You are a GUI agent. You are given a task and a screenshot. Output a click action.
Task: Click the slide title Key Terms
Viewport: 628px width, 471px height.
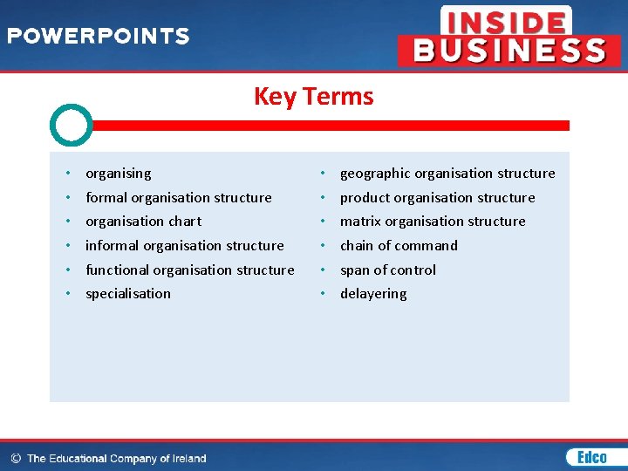click(x=313, y=96)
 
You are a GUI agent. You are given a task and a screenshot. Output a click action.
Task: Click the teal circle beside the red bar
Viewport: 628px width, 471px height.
click(x=71, y=126)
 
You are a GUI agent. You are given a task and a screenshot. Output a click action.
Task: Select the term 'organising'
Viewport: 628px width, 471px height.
click(x=118, y=174)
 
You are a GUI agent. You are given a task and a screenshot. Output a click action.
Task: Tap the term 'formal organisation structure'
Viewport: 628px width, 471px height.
click(x=178, y=198)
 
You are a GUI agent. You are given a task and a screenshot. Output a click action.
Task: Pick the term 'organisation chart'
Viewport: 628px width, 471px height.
click(x=143, y=222)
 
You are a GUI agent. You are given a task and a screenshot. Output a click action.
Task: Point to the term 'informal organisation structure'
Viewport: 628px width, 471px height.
click(x=184, y=246)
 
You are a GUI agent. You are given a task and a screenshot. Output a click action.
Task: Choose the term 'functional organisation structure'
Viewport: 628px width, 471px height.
click(x=189, y=270)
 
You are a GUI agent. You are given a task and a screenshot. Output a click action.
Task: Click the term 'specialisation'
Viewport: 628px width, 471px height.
click(x=128, y=294)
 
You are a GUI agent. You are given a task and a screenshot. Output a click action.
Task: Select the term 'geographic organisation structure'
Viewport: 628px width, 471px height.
click(x=447, y=174)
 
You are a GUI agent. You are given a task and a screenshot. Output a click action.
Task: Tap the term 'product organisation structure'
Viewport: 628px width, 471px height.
click(x=437, y=198)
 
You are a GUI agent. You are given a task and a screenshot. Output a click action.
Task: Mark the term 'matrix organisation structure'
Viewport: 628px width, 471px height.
click(x=433, y=222)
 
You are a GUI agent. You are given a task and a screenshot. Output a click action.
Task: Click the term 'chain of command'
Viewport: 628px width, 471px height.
click(x=399, y=246)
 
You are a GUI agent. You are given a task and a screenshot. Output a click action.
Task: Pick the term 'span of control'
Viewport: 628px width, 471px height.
click(x=387, y=270)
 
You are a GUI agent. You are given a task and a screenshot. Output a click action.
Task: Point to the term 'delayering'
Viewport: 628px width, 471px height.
click(x=373, y=294)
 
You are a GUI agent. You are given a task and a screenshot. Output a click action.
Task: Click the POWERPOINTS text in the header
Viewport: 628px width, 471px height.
click(x=98, y=37)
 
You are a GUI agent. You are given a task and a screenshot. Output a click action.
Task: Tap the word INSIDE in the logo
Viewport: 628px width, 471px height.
click(x=506, y=21)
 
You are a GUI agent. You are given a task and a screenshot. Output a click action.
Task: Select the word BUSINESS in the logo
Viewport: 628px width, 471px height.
click(x=509, y=51)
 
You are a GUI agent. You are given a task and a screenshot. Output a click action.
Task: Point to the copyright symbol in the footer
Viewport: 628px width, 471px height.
click(x=16, y=458)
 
